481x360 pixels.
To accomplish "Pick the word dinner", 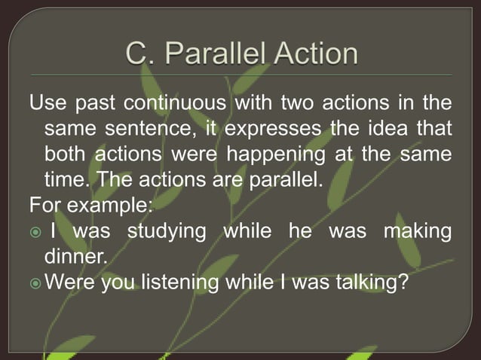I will coord(76,258).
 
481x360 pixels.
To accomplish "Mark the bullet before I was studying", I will coord(35,232).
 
